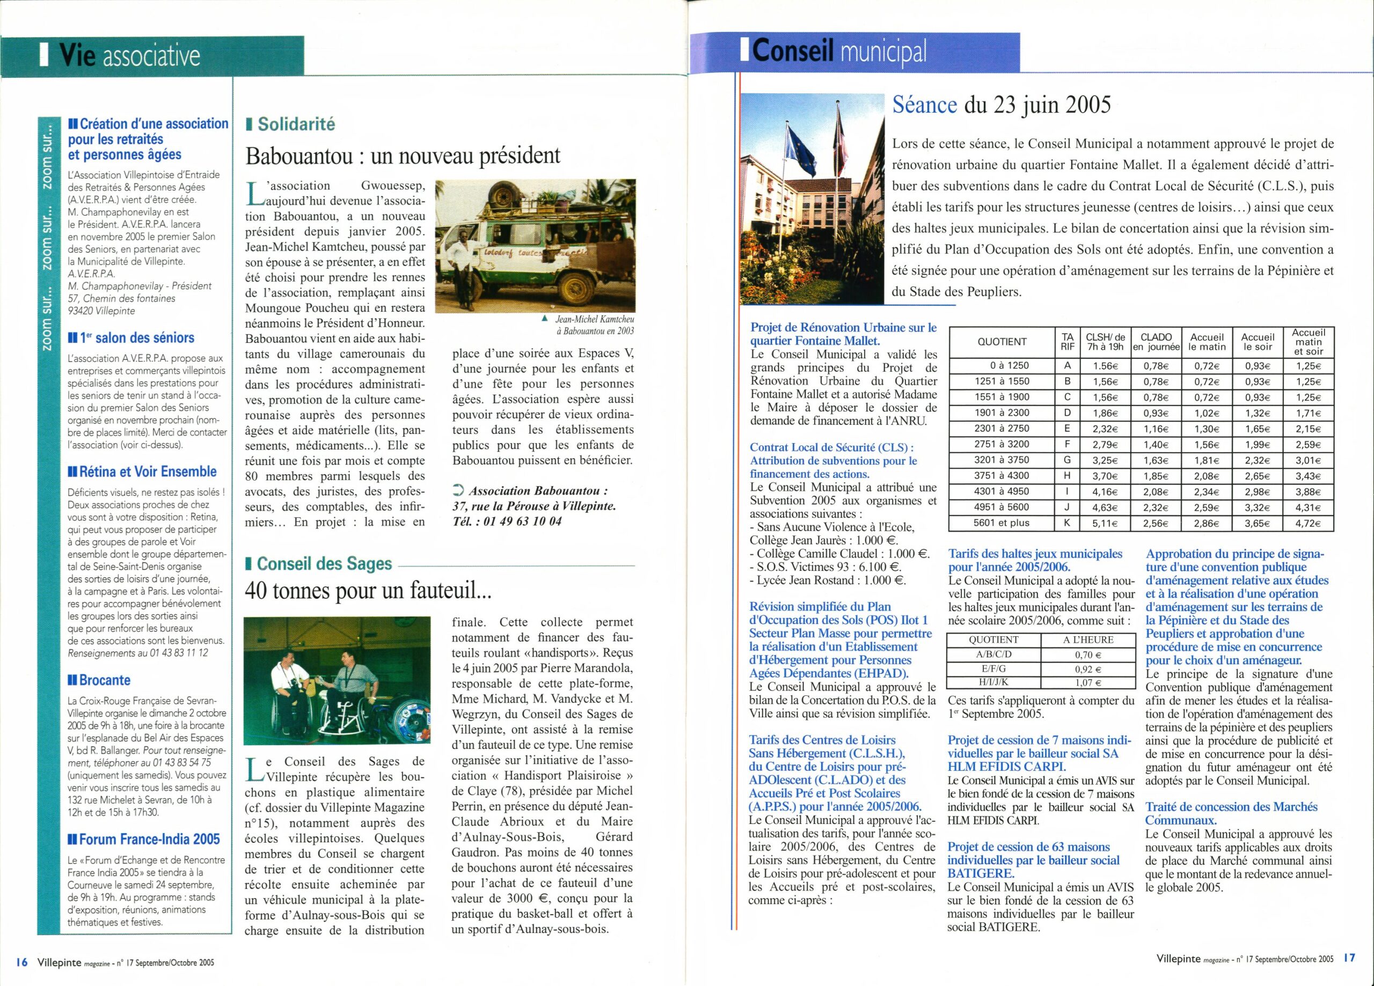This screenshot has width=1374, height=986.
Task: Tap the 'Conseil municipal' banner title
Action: tap(839, 51)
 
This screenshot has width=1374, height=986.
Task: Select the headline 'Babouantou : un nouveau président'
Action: tap(402, 156)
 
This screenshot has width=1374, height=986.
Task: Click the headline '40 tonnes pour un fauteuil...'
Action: tap(368, 590)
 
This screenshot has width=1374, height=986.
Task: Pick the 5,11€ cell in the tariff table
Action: tap(1105, 523)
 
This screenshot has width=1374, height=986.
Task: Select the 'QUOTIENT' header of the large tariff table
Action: tap(1002, 342)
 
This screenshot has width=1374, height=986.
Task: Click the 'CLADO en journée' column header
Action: tap(1156, 342)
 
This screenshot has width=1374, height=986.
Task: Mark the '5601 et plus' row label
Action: tap(1001, 523)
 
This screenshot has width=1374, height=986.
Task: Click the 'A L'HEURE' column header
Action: tap(1088, 640)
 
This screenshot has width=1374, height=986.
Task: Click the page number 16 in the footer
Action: tap(22, 962)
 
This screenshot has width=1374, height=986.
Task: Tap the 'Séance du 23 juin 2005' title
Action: tap(1002, 105)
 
